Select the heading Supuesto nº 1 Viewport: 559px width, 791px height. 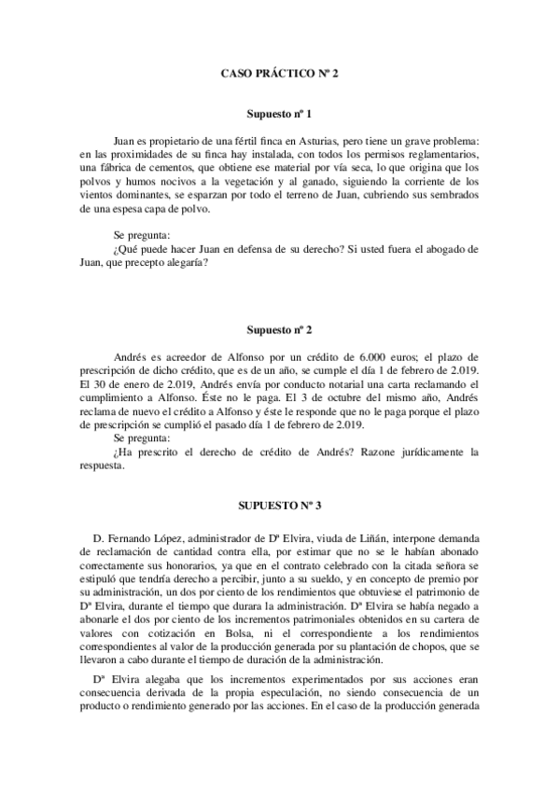pos(279,113)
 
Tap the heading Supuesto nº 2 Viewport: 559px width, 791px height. pos(279,331)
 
